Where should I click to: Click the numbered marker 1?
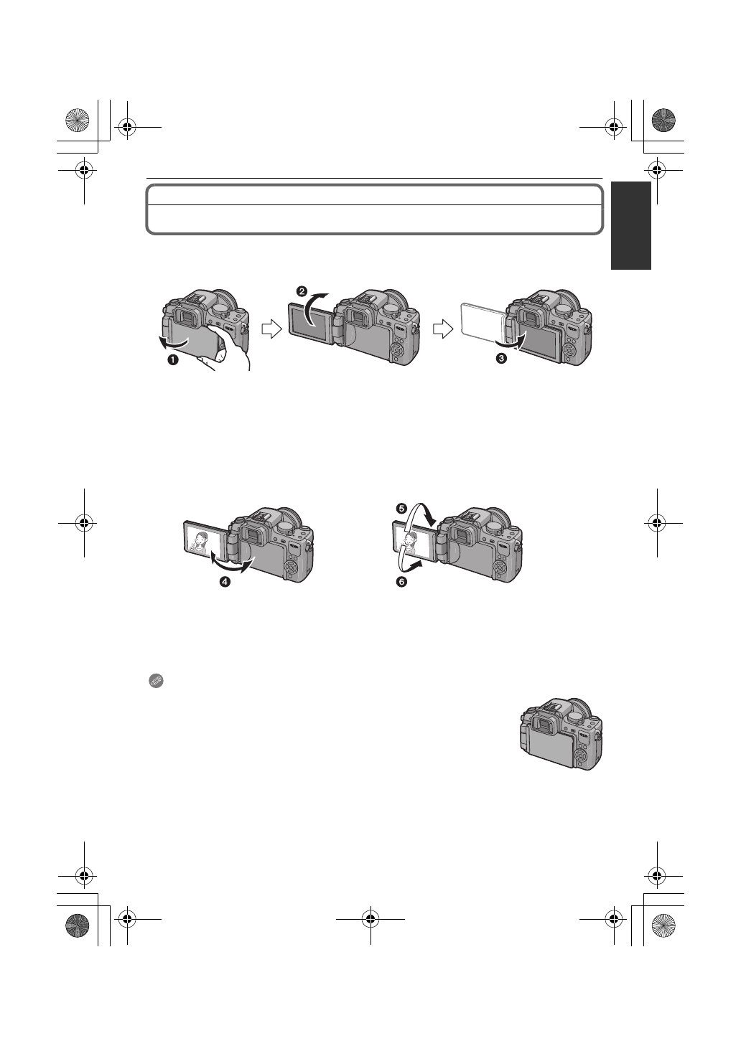[x=172, y=361]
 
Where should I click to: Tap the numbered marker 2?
[x=302, y=292]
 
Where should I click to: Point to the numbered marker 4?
[x=225, y=583]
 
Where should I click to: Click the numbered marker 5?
[x=400, y=508]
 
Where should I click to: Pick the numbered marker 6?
[x=400, y=582]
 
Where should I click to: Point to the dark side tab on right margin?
[x=631, y=225]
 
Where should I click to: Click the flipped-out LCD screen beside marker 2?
[x=310, y=325]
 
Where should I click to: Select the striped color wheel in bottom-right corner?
[x=664, y=926]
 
